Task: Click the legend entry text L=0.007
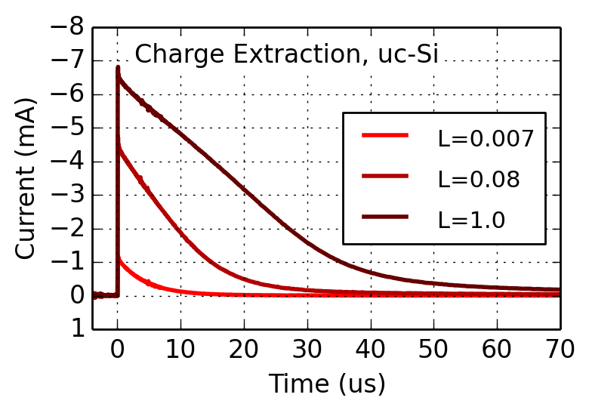[x=486, y=138]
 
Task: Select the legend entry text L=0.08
[x=479, y=179]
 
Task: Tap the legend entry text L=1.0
[x=471, y=220]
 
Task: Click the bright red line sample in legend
[x=385, y=136]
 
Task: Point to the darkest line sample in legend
[x=385, y=217]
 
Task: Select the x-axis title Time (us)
[x=327, y=384]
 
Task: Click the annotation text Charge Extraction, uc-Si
[x=287, y=54]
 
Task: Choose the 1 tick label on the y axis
[x=76, y=329]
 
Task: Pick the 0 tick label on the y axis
[x=76, y=296]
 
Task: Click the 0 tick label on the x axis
[x=118, y=350]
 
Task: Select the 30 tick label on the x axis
[x=307, y=350]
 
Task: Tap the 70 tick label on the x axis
[x=560, y=350]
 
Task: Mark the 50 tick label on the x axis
[x=433, y=350]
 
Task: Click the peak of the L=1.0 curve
[x=118, y=67]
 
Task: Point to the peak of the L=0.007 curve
[x=119, y=258]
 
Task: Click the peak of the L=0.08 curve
[x=118, y=145]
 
